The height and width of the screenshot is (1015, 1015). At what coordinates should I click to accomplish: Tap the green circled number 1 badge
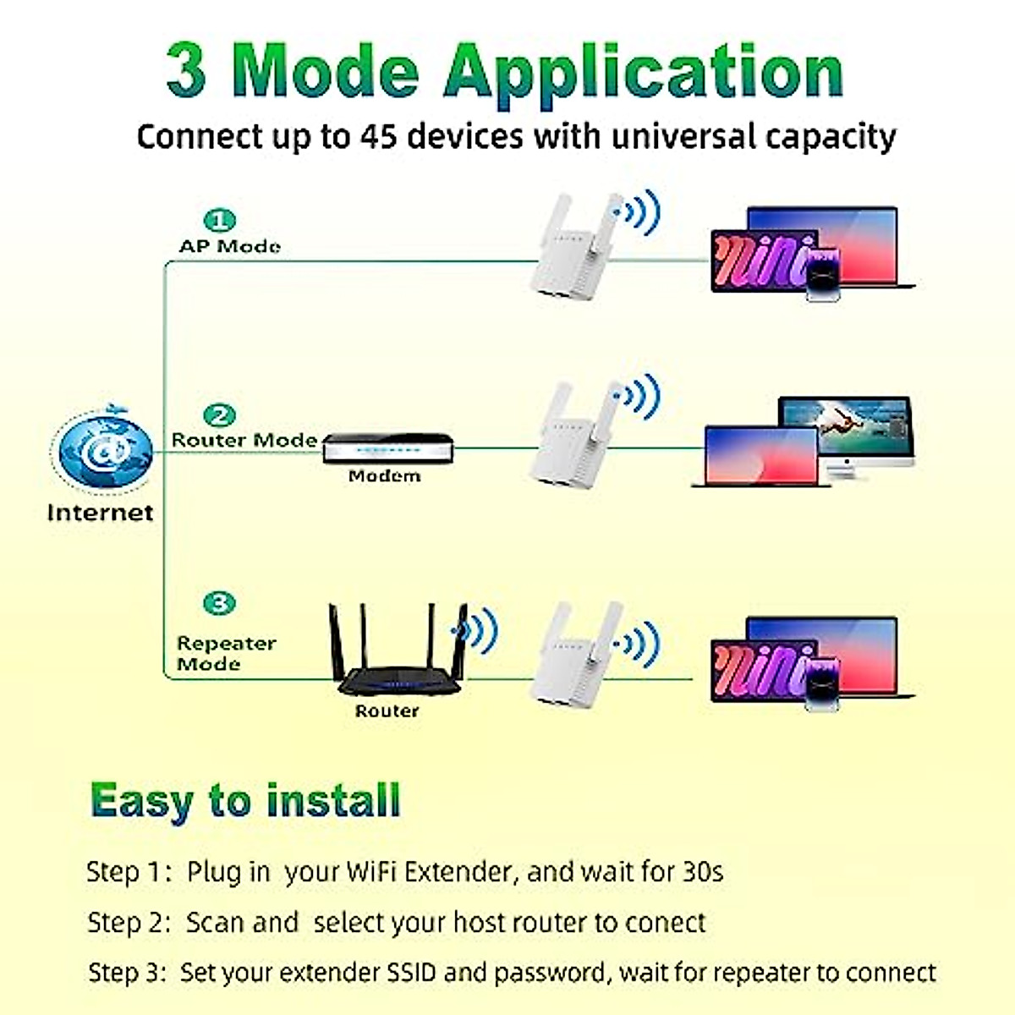coord(221,222)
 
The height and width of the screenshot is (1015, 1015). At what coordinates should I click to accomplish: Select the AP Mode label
coord(230,246)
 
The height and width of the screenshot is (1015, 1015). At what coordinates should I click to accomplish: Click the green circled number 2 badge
coord(220,415)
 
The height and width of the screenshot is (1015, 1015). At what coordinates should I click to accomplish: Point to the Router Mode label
coord(244,440)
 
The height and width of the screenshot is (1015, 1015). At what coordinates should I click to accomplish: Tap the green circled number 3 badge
coord(220,604)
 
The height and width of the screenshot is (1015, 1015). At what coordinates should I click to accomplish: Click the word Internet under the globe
coord(100,513)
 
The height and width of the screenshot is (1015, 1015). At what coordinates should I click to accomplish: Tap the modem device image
coord(388,448)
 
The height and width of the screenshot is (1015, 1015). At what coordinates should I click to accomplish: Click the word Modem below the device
coord(384,476)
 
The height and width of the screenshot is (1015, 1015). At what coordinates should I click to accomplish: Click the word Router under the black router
coord(387,711)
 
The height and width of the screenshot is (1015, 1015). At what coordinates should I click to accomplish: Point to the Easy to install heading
coord(245,800)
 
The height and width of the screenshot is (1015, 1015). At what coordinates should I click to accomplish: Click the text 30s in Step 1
coord(702,871)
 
